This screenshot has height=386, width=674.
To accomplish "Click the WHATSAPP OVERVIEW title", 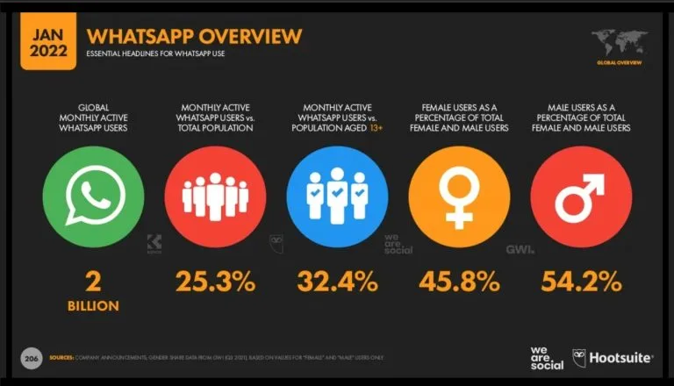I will [193, 36].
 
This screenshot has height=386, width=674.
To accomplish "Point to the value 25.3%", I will [214, 282].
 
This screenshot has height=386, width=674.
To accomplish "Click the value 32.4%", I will [337, 282].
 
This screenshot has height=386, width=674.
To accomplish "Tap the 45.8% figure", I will [459, 282].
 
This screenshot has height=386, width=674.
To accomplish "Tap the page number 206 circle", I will [32, 358].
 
